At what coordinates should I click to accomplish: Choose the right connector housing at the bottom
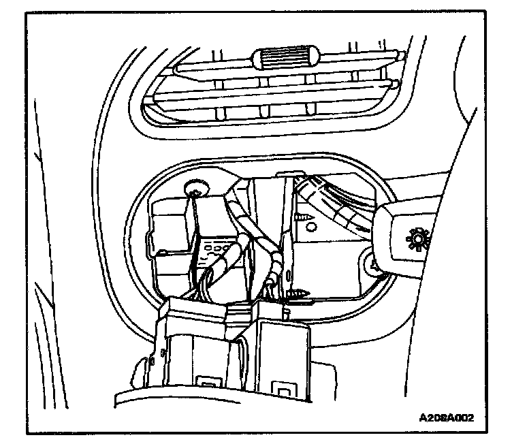click(279, 354)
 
